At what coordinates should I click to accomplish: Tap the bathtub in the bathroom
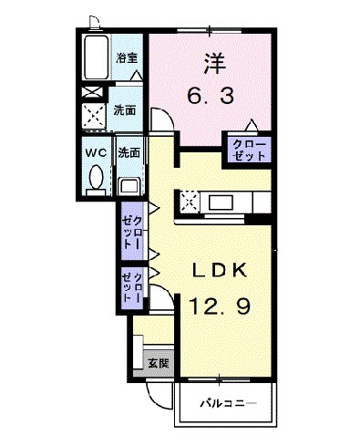(x=96, y=57)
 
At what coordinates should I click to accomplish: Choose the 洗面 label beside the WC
(x=128, y=153)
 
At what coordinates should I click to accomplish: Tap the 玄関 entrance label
(x=158, y=363)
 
